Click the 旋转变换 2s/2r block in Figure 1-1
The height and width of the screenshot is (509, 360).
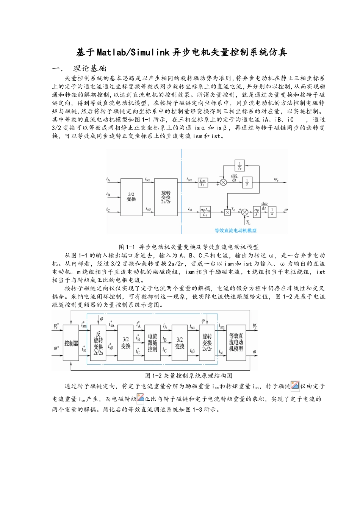tap(166, 197)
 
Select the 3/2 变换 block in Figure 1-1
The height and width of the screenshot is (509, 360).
tap(131, 197)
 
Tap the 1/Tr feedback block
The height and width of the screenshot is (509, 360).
tap(239, 166)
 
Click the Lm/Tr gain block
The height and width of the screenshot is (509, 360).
tap(203, 182)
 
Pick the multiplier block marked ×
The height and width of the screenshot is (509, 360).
tap(227, 212)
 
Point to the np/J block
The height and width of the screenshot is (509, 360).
tap(257, 212)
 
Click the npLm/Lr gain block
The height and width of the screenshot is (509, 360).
tap(205, 212)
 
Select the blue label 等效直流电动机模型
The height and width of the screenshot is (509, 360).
tap(235, 230)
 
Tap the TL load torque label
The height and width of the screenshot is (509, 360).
tap(248, 223)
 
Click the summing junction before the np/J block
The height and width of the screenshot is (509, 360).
tap(245, 212)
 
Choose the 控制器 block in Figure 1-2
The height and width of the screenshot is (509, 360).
tap(71, 343)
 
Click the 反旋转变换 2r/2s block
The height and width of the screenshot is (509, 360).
tap(99, 343)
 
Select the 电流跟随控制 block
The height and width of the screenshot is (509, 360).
tap(152, 343)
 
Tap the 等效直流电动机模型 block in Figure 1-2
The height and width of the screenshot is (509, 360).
tap(236, 342)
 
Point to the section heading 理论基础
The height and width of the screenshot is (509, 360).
tap(90, 69)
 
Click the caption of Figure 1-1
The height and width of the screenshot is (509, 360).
tap(189, 247)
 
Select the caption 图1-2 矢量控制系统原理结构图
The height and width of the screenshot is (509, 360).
tap(189, 376)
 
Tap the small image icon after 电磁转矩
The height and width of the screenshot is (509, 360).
tap(141, 398)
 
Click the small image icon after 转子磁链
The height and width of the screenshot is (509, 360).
tap(295, 386)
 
